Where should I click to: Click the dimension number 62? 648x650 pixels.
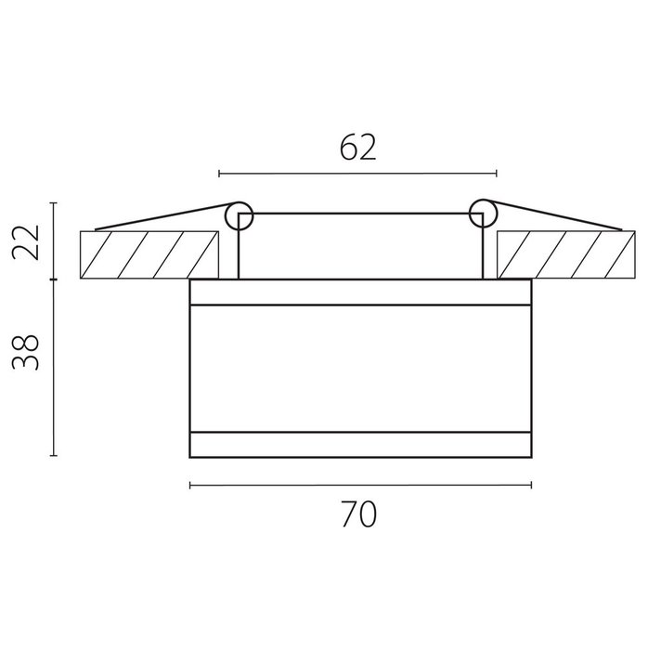click(358, 148)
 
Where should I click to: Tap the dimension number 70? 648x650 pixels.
click(359, 514)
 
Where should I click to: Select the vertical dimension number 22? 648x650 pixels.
click(25, 242)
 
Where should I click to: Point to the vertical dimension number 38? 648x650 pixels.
click(25, 352)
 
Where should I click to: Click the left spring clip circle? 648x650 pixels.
click(239, 216)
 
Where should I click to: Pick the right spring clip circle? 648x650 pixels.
click(483, 214)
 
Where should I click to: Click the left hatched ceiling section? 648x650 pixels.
click(149, 255)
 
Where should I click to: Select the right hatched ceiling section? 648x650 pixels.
click(566, 254)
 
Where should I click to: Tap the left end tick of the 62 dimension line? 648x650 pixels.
click(219, 174)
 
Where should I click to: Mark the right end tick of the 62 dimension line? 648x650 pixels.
click(497, 174)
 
